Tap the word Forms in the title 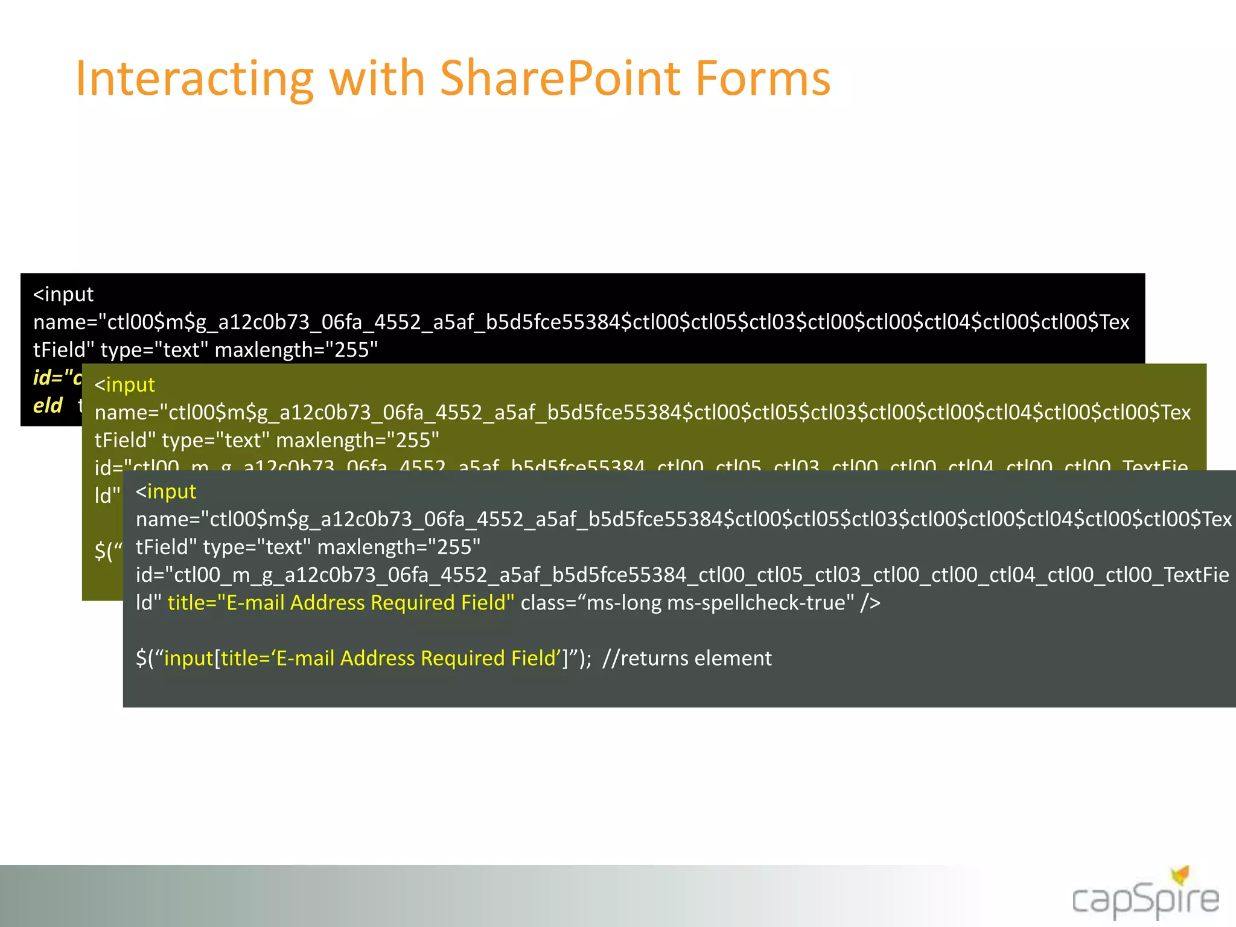coord(763,78)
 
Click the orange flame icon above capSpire coord(1180,874)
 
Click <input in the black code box coord(63,295)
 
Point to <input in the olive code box coord(125,385)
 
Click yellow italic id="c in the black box coord(57,378)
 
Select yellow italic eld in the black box coord(48,406)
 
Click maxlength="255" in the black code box coord(296,350)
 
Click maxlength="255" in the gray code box coord(399,547)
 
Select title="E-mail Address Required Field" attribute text coord(341,603)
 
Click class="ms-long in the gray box coord(591,603)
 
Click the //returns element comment coord(687,658)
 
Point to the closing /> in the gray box coord(870,603)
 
